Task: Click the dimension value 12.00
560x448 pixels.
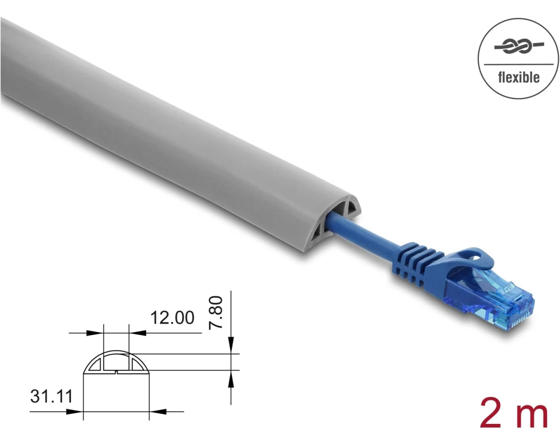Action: (172, 318)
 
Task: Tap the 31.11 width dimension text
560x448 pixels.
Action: (52, 396)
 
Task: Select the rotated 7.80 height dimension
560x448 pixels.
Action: (216, 312)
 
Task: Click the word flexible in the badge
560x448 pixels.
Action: (519, 77)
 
